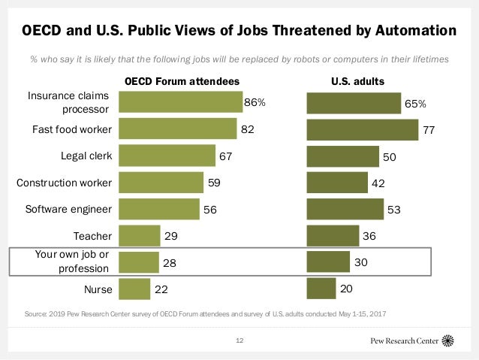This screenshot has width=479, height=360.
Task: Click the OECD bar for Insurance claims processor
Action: click(180, 102)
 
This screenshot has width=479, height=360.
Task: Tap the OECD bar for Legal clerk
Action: click(167, 156)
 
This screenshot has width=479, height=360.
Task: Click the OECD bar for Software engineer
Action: click(159, 209)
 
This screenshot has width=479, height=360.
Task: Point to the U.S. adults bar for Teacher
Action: click(333, 236)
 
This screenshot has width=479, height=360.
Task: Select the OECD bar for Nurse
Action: click(134, 289)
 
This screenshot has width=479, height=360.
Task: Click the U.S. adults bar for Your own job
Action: click(328, 262)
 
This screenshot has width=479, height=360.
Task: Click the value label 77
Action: click(429, 130)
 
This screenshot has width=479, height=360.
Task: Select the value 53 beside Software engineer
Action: click(394, 210)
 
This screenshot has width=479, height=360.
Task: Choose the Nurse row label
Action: click(98, 289)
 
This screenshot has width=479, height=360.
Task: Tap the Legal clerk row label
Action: click(86, 156)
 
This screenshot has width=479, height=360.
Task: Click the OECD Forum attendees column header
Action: click(182, 80)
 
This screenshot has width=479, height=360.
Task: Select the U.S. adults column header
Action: click(358, 80)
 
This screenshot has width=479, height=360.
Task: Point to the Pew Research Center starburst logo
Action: click(449, 340)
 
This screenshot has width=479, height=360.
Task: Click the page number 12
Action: click(239, 340)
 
